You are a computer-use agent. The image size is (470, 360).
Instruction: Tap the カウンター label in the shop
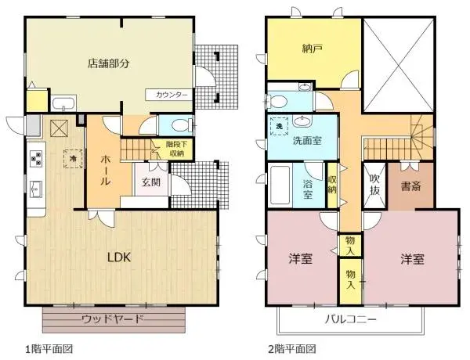click(171, 95)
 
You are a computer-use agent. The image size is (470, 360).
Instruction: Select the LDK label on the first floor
click(118, 257)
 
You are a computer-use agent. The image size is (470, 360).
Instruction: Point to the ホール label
click(104, 169)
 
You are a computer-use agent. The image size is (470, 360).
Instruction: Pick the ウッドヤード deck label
click(113, 319)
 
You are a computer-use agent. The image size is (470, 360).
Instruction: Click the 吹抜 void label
click(374, 182)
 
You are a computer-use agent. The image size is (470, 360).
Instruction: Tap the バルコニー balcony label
click(352, 320)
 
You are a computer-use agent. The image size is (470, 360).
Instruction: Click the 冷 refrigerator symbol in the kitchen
click(73, 157)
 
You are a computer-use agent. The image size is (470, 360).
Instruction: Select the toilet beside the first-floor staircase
click(179, 124)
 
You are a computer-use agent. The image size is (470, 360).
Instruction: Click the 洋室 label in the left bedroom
click(301, 258)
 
